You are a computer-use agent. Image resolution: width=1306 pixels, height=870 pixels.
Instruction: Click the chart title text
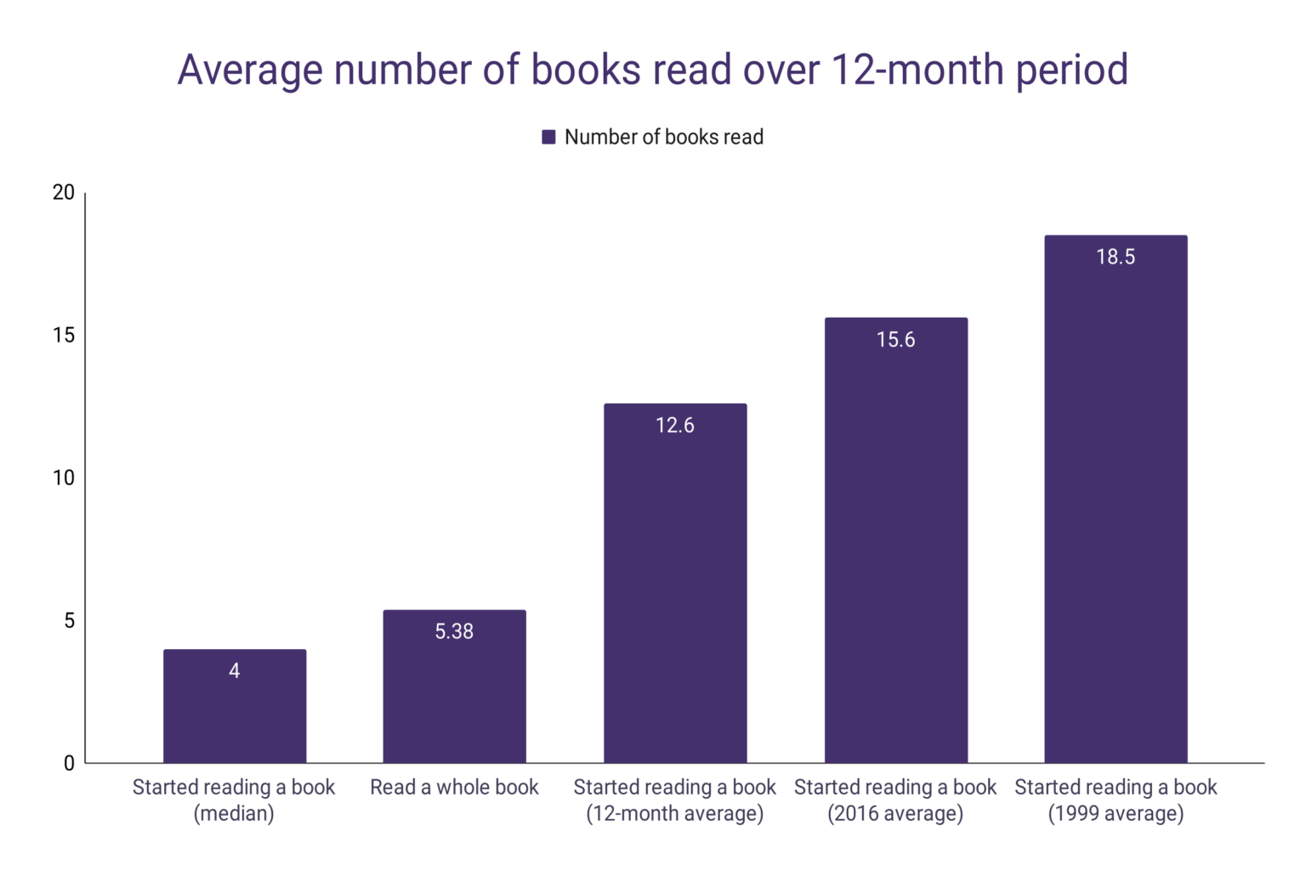tap(652, 70)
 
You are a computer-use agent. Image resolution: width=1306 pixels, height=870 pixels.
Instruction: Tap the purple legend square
tap(548, 137)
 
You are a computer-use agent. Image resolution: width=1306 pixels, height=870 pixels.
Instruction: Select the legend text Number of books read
tap(663, 137)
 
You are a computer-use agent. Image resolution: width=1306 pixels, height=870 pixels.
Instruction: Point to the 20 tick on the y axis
tap(64, 193)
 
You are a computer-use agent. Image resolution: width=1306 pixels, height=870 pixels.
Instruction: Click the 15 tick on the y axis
tap(64, 336)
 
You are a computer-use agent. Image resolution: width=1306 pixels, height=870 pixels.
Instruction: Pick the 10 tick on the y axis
tap(64, 478)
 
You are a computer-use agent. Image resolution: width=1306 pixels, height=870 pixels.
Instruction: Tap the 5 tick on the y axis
tap(69, 621)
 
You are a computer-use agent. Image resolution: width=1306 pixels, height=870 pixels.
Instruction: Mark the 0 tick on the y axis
tap(69, 763)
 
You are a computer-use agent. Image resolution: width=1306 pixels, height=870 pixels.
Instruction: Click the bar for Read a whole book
tap(454, 697)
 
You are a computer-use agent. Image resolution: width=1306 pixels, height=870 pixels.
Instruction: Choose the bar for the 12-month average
tap(675, 595)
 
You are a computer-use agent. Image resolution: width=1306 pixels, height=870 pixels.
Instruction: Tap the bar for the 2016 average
tap(895, 552)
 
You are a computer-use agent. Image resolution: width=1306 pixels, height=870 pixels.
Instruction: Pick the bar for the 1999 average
tap(1116, 510)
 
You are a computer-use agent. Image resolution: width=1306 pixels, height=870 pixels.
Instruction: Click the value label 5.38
tap(454, 631)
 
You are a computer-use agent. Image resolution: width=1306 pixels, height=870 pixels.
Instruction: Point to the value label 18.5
tap(1116, 257)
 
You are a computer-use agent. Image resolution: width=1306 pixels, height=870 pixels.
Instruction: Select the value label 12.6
tap(675, 425)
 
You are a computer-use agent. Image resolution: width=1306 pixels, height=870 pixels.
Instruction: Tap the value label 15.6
tap(895, 340)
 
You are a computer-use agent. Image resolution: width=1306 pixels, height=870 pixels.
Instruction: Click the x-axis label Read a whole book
tap(454, 788)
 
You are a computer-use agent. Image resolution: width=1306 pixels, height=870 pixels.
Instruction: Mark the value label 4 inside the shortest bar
tap(235, 671)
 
